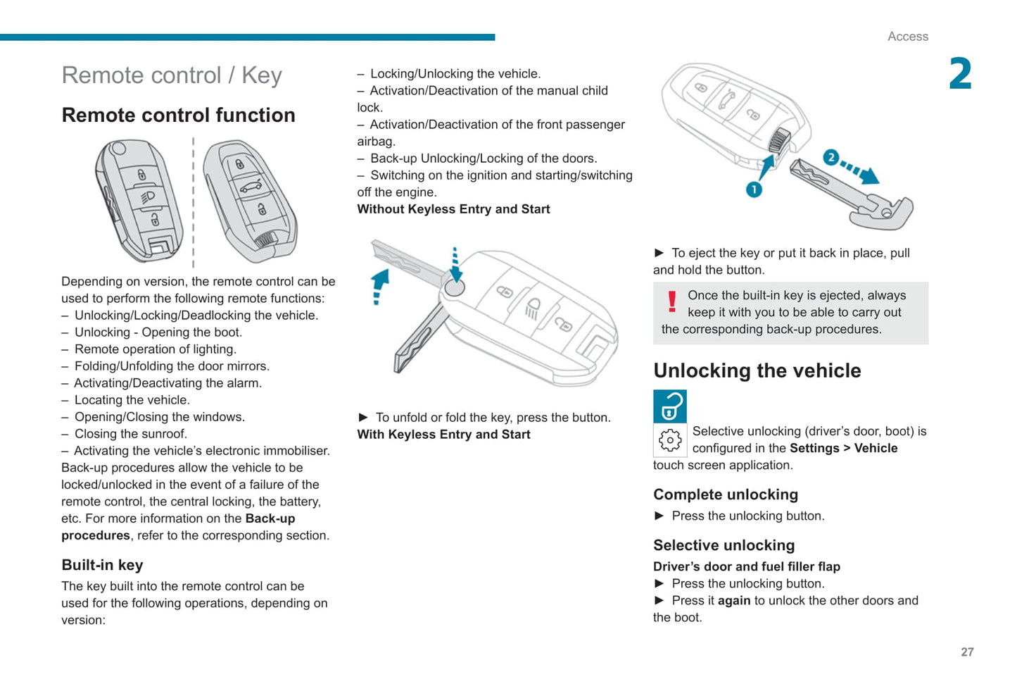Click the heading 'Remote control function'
178,116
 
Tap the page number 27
967,652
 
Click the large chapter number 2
960,75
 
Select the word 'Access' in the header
907,37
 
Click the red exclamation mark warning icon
672,302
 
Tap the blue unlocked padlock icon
669,406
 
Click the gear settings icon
669,440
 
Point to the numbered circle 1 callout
753,189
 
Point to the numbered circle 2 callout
830,157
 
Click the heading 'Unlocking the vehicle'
757,371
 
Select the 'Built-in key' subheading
102,565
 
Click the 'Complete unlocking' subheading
725,494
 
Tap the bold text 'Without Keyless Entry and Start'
453,209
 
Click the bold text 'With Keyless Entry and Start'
443,435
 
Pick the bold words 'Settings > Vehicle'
843,448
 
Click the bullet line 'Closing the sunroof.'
130,434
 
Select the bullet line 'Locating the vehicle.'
131,400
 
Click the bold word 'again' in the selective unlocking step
734,601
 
